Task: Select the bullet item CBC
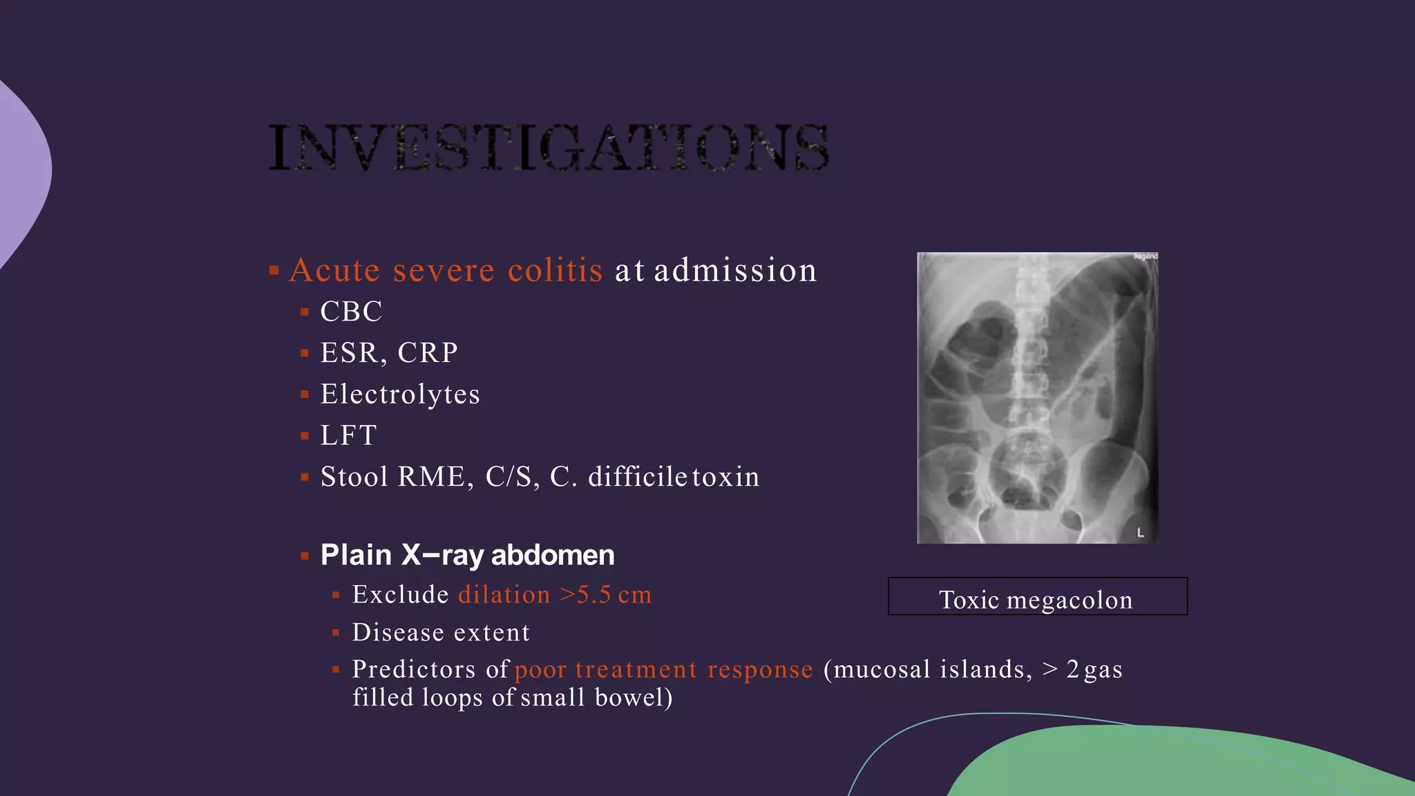tap(351, 312)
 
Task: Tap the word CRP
tap(428, 353)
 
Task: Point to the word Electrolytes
tap(400, 395)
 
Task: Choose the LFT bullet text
tap(348, 436)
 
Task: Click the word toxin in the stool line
tap(725, 477)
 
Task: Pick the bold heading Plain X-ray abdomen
tap(467, 555)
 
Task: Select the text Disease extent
tap(441, 633)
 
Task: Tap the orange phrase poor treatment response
tap(663, 670)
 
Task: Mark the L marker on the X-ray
tap(1141, 533)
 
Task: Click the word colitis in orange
tap(555, 270)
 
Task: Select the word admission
tap(735, 270)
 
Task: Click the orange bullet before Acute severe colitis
tap(274, 270)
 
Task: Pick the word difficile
tap(637, 477)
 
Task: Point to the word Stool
tap(354, 477)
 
